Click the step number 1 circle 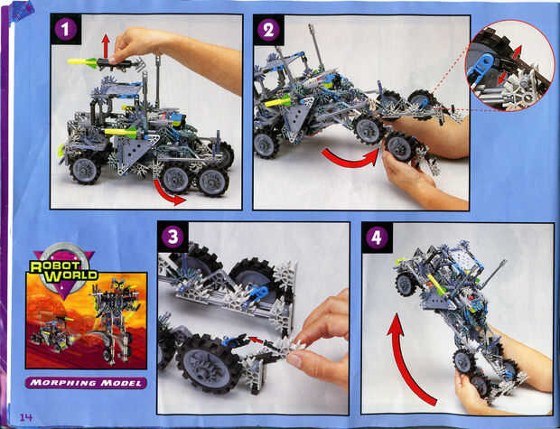tap(65, 29)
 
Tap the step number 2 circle tap(268, 30)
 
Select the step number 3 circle tap(173, 237)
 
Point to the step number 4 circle tap(377, 238)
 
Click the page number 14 tap(26, 417)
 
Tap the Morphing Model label tap(86, 383)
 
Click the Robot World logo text tap(63, 270)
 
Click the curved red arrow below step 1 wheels tap(167, 195)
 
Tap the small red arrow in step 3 tap(257, 340)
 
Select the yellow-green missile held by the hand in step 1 tap(82, 61)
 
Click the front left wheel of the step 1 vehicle tap(85, 170)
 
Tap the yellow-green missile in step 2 tap(279, 103)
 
